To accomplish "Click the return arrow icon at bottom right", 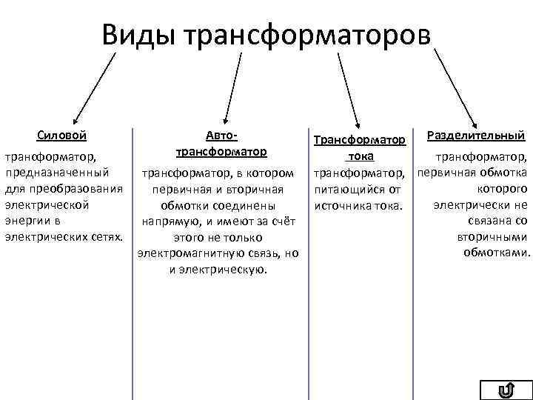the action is (x=507, y=390).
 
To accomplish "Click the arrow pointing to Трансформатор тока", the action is (x=347, y=85).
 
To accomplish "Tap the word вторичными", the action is (x=495, y=237).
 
